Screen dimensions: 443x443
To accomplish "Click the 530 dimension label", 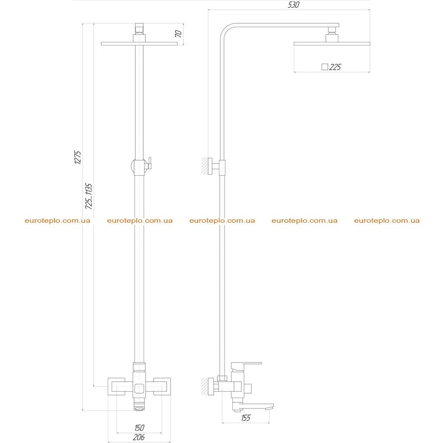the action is (x=294, y=5).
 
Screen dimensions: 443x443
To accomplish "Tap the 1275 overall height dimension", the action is (x=77, y=157).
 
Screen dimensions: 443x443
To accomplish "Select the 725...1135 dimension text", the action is (x=89, y=196).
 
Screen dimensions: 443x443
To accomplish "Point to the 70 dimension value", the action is (x=178, y=34).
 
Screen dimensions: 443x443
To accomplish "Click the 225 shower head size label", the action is (x=335, y=67).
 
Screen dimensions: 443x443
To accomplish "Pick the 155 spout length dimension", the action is (x=246, y=418).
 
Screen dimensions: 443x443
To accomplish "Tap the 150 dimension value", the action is (x=139, y=428).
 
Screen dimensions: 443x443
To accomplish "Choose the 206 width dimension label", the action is (x=139, y=437).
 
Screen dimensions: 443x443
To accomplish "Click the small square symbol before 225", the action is (x=324, y=67).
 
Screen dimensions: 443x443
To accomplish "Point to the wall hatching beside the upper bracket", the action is (x=204, y=166).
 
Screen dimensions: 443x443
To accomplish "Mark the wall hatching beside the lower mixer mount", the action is (x=204, y=386).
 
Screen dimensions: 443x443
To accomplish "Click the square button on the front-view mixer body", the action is (x=139, y=389).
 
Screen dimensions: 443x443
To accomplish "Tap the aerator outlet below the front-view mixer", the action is (x=139, y=408).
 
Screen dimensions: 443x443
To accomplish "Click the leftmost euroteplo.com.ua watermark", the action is (x=58, y=221).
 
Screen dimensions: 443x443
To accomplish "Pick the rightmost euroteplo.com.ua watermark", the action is (x=387, y=221).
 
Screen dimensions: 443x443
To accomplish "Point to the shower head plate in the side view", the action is (x=332, y=44).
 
